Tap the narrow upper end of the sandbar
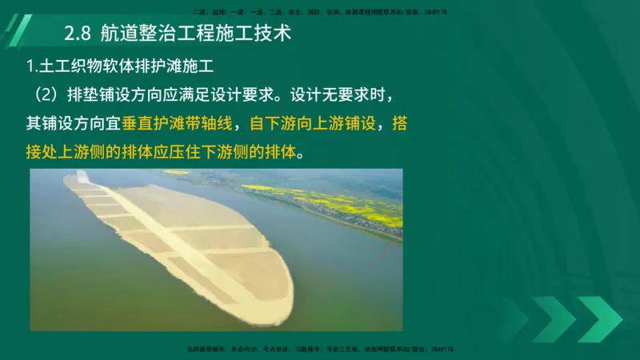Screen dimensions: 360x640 pos(76,180)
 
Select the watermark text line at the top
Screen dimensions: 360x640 pos(320,12)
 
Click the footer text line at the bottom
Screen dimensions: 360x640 pos(320,350)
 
